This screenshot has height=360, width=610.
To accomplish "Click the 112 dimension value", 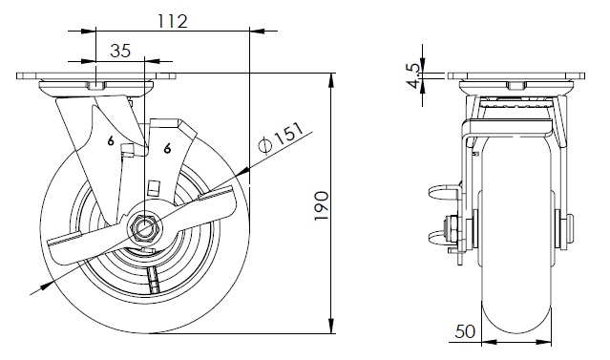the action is click(173, 21).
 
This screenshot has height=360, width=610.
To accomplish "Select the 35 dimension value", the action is click(120, 51).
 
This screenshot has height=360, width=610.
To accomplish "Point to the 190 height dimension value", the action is click(322, 205).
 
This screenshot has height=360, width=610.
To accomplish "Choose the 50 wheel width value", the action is click(465, 331).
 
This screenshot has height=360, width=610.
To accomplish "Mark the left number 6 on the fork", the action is click(111, 141).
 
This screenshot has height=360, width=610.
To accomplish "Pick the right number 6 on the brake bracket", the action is click(167, 148).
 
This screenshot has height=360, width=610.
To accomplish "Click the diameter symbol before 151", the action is click(264, 145).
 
